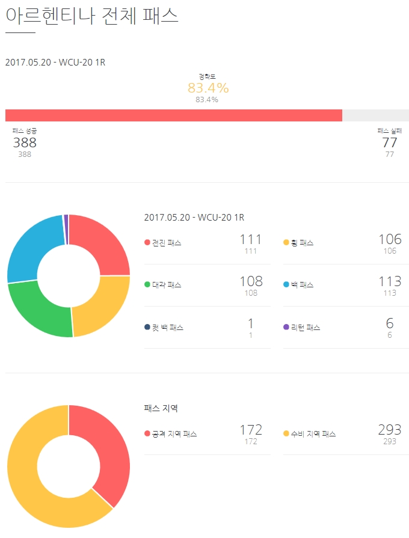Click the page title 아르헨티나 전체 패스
click(92, 16)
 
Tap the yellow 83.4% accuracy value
click(208, 88)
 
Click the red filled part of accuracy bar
click(173, 115)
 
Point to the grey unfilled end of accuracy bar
click(375, 115)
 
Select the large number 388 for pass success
click(25, 142)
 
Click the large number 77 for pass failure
click(390, 142)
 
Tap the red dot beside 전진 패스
click(147, 243)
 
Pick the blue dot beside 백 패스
click(286, 285)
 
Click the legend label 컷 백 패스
click(168, 328)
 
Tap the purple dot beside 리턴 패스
click(286, 328)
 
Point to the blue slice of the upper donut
click(35, 246)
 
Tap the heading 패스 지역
click(161, 408)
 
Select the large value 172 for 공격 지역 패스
click(251, 430)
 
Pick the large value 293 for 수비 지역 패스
click(390, 430)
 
